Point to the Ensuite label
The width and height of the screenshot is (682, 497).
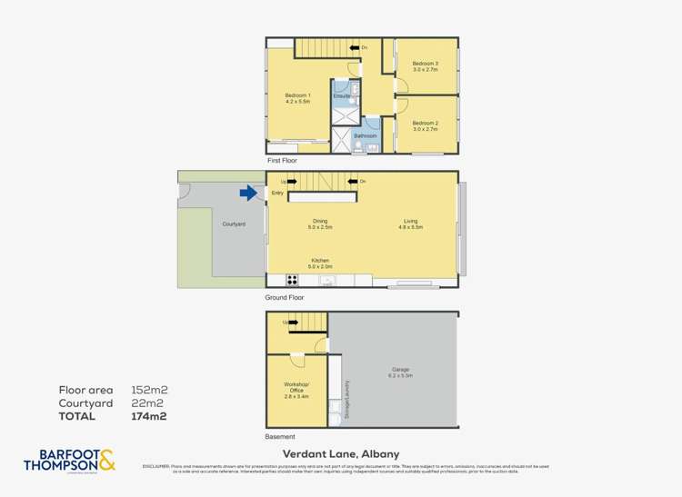[342, 95]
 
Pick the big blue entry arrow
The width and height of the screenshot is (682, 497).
[248, 193]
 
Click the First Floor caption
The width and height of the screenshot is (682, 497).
[282, 160]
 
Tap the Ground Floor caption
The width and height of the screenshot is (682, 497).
[285, 297]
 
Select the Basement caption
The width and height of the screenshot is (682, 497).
[280, 436]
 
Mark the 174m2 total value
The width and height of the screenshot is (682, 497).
[151, 416]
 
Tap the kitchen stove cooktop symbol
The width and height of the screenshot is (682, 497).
[294, 280]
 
